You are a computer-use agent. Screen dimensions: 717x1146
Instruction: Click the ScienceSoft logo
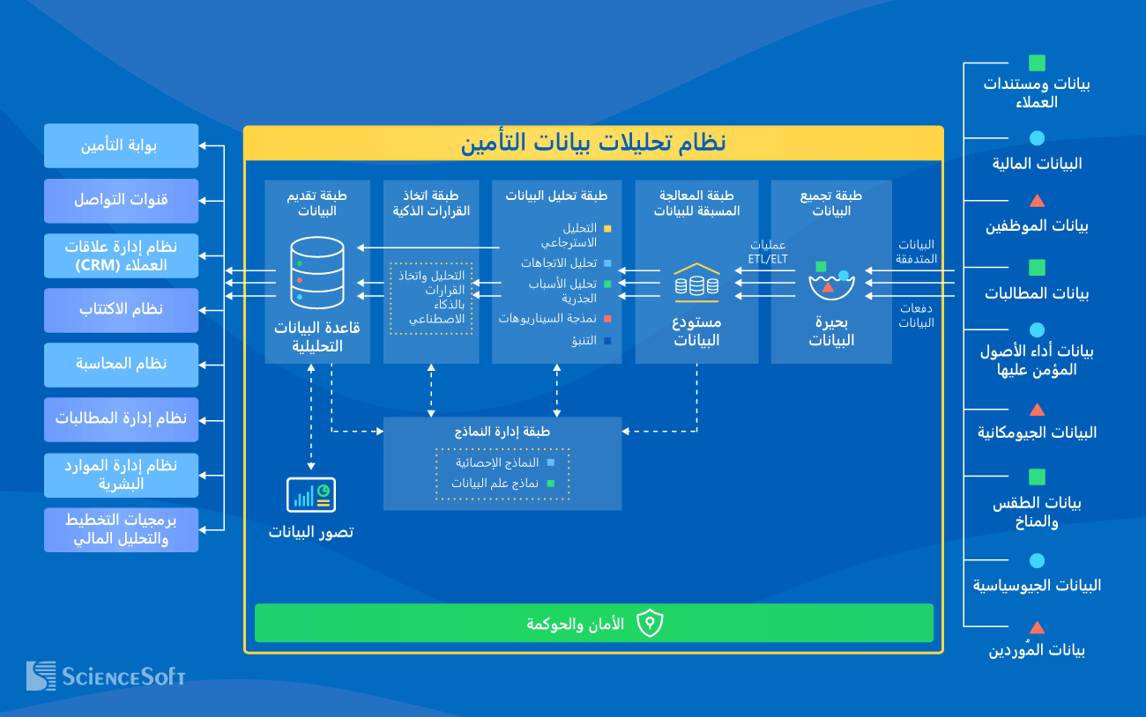106,676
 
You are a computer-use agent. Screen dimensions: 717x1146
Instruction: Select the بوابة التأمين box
121,146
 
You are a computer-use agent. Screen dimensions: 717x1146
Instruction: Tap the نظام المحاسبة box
121,364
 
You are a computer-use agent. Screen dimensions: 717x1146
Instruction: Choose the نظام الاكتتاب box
121,309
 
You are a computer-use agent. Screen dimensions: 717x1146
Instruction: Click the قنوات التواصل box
121,200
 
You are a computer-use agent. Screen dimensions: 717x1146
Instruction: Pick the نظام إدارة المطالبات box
121,418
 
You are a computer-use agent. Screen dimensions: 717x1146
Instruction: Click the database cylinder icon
316,273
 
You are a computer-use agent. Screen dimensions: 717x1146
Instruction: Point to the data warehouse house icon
696,279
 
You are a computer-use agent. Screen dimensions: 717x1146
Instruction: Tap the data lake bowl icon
832,279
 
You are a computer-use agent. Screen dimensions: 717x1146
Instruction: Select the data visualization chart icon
310,495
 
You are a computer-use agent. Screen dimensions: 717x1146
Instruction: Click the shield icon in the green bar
650,624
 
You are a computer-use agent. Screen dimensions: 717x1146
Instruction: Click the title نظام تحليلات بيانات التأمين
593,143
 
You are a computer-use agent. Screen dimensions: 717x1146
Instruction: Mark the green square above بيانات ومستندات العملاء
1038,63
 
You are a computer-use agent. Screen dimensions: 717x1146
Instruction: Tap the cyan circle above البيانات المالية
1038,138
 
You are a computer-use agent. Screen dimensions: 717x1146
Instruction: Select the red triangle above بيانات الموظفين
1038,201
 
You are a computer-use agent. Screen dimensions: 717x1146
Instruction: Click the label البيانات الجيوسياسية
1038,586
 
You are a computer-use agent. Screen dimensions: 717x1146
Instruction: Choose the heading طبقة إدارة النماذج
502,432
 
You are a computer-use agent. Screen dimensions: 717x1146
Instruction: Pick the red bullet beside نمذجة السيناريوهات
607,318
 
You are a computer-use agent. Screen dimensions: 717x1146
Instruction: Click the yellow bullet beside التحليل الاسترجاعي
607,229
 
